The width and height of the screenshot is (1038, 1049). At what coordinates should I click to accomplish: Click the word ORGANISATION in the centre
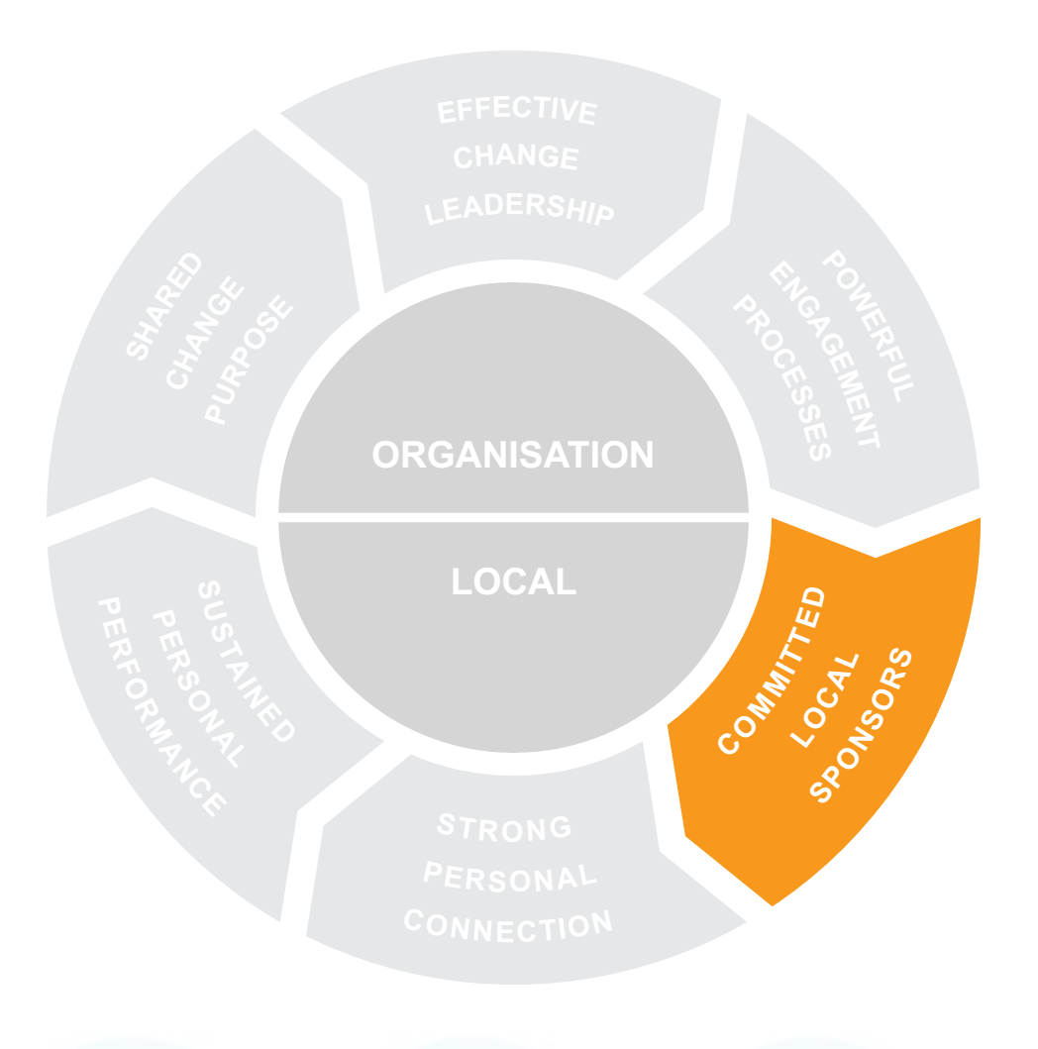point(512,455)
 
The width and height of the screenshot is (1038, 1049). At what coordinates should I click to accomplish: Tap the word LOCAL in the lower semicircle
point(513,581)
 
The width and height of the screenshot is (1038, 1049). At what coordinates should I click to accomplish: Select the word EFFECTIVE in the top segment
point(517,110)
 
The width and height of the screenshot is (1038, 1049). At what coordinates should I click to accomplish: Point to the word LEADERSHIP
point(520,210)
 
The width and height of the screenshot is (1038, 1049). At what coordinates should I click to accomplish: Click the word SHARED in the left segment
point(164,306)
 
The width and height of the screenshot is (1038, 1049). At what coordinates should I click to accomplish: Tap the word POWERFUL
point(869,327)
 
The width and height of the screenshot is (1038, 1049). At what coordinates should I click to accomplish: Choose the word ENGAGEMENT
point(824,356)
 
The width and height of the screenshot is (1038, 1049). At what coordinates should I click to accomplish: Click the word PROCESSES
point(781,378)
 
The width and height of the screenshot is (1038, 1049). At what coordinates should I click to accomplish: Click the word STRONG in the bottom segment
point(505,826)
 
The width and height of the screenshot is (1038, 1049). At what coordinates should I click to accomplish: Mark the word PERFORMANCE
point(159,706)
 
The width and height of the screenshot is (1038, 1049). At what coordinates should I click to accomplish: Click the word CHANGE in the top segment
point(515,157)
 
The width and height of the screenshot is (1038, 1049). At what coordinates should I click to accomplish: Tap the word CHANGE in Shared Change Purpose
point(205,334)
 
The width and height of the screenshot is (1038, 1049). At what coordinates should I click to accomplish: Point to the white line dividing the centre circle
point(513,517)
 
